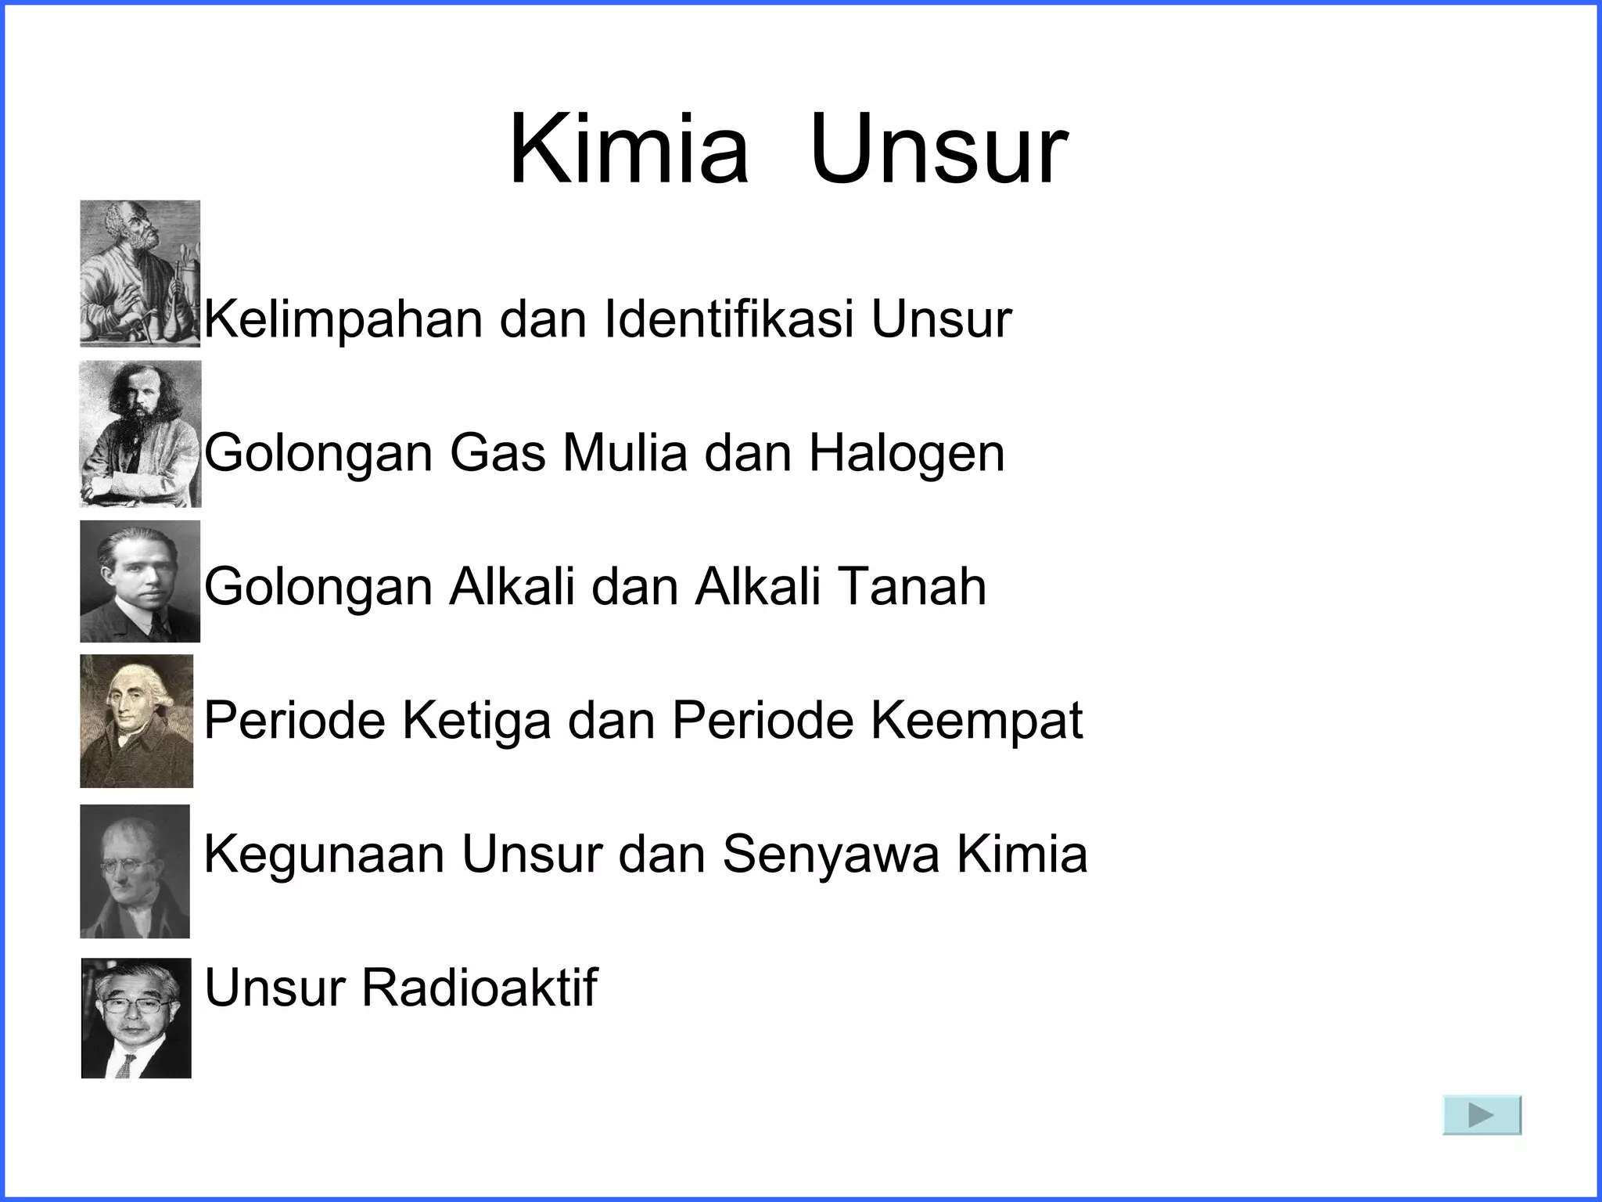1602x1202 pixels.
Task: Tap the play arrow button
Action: [1482, 1115]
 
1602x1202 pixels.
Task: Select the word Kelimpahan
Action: [343, 319]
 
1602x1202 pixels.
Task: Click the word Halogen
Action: [906, 454]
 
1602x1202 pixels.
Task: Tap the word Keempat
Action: [977, 721]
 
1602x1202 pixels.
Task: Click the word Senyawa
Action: [830, 855]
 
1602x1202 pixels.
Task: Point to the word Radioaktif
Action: [479, 987]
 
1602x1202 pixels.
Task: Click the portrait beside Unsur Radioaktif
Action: [136, 1018]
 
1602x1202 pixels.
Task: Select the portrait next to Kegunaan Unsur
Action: [135, 871]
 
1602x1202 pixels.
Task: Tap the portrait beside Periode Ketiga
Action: [137, 721]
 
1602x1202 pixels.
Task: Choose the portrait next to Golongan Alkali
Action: [140, 581]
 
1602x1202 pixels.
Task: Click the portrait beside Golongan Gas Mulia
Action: [140, 434]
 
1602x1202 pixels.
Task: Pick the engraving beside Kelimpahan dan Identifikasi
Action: [140, 273]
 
